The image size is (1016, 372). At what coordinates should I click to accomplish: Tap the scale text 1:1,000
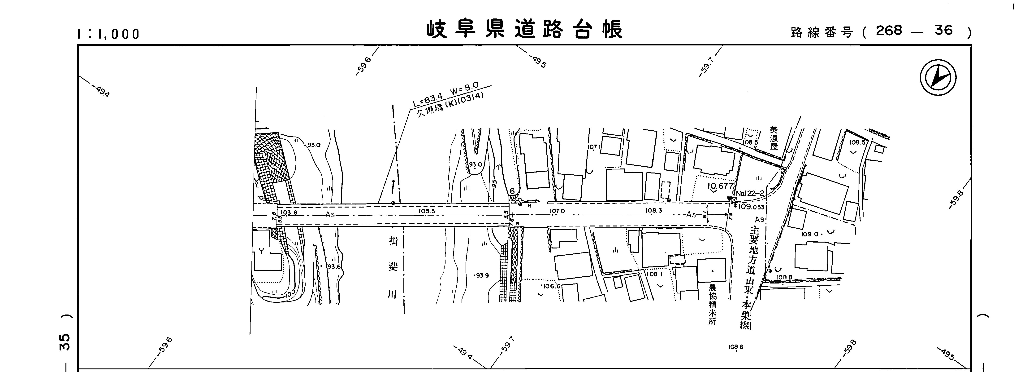[x=108, y=34]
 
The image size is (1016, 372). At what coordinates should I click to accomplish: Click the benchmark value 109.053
[x=751, y=207]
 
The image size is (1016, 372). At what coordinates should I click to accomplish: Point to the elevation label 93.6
[x=334, y=266]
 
